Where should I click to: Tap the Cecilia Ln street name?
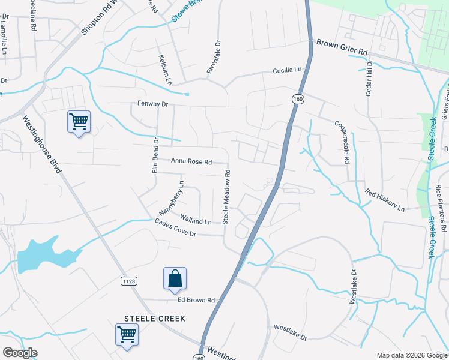(287, 70)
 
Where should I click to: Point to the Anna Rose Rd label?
(191, 161)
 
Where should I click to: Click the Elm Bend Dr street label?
(155, 157)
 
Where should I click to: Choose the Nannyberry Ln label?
(172, 197)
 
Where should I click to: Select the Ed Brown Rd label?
(196, 300)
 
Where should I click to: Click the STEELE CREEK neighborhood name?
(155, 318)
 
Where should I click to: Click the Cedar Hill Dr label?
(370, 79)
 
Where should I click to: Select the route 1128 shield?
(129, 280)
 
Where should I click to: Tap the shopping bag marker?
(175, 278)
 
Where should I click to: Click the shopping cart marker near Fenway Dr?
(79, 122)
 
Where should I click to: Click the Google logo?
(20, 353)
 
